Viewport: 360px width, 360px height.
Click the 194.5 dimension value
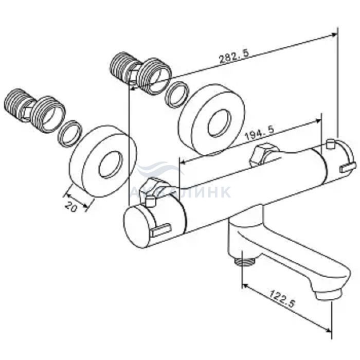(260, 133)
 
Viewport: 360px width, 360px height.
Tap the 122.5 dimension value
(282, 299)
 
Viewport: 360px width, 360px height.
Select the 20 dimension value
(71, 206)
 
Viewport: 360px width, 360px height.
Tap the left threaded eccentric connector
(35, 110)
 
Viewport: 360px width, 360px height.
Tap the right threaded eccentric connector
(140, 73)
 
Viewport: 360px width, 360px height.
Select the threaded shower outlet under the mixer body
(244, 261)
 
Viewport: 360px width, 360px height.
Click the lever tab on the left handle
(161, 230)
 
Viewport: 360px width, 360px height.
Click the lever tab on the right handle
(348, 167)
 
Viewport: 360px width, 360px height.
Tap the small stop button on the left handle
(150, 202)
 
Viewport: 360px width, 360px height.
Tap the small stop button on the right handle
(330, 144)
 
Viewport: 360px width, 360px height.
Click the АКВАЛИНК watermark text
(180, 192)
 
